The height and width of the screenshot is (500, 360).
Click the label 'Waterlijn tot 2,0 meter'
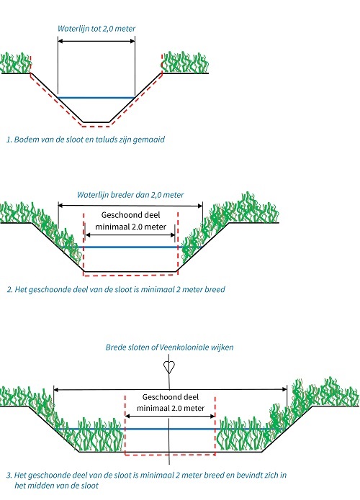[x=96, y=28]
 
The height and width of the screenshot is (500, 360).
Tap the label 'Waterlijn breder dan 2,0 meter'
[x=130, y=195]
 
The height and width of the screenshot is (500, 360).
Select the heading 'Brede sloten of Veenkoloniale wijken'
[x=169, y=347]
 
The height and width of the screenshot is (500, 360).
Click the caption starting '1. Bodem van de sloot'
[x=86, y=140]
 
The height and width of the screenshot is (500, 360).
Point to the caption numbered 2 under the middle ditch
[x=116, y=289]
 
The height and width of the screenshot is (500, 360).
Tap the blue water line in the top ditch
[x=96, y=98]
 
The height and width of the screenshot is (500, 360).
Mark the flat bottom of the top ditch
[x=96, y=122]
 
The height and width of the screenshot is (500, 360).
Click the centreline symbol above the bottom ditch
[x=169, y=368]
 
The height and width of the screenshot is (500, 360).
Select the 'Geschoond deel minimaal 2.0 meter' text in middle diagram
[x=130, y=221]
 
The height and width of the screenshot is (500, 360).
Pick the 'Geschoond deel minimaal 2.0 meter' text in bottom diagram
[x=171, y=403]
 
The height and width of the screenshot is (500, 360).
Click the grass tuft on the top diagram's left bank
[x=15, y=63]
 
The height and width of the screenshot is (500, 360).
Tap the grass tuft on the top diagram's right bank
[x=185, y=63]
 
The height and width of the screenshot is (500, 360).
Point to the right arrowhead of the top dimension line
[x=132, y=41]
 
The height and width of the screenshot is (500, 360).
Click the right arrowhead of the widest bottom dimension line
[x=284, y=389]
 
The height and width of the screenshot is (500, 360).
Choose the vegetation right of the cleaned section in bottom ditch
[x=245, y=434]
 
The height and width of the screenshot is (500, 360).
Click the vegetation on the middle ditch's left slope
[x=48, y=229]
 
